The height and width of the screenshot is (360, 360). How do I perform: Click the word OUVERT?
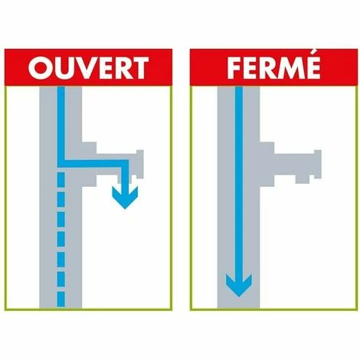click(x=88, y=67)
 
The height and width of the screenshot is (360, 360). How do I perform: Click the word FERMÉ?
click(x=273, y=66)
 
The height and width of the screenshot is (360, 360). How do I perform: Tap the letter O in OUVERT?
click(x=40, y=67)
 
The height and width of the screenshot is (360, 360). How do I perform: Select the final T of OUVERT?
click(x=139, y=67)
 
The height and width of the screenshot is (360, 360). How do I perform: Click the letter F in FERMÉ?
click(x=234, y=68)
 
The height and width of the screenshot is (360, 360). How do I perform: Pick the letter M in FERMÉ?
click(x=290, y=68)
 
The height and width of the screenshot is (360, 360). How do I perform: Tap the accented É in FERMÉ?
click(x=313, y=66)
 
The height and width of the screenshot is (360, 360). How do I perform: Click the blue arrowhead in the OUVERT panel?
click(x=125, y=198)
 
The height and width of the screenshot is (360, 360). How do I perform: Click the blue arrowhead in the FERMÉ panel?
click(x=239, y=285)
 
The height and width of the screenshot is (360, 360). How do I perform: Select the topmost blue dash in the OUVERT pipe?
click(x=61, y=179)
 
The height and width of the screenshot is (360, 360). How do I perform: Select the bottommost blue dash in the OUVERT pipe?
click(x=61, y=299)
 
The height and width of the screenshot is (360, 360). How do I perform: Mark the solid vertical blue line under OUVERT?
click(x=61, y=127)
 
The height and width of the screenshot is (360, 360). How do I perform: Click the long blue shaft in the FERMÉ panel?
click(x=239, y=184)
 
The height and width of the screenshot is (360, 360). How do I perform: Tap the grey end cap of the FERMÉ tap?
click(x=318, y=164)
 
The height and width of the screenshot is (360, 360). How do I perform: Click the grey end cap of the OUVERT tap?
click(x=140, y=164)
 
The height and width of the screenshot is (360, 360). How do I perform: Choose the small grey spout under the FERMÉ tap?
click(x=303, y=179)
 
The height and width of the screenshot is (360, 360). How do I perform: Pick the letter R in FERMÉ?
click(x=267, y=68)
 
